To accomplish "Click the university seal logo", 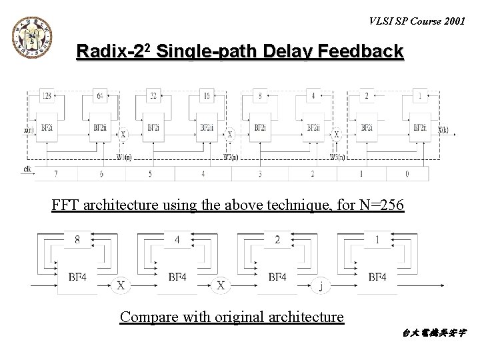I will click(31, 34).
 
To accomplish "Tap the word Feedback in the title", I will click(365, 51).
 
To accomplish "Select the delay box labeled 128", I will click(48, 95).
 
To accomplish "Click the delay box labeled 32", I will click(154, 95).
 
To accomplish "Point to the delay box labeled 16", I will click(207, 95).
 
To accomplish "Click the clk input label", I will click(27, 169).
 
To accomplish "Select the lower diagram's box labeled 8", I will click(79, 239).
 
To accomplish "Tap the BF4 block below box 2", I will click(277, 276).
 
